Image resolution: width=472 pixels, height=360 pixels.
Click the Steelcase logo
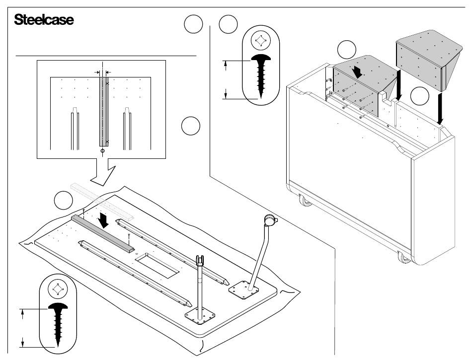tap(44, 20)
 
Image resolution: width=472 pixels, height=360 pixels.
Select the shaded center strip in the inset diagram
tap(103, 111)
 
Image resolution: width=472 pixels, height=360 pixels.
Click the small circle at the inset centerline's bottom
tap(102, 150)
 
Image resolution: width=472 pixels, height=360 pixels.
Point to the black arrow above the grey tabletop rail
tap(104, 220)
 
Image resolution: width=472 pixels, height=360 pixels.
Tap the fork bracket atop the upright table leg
tap(200, 260)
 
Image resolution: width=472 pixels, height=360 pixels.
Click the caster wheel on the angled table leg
tap(269, 218)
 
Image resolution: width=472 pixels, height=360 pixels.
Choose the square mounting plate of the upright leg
tap(201, 315)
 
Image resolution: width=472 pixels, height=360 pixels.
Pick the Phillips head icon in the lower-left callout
tap(57, 289)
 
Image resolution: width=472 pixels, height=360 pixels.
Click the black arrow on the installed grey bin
tap(357, 72)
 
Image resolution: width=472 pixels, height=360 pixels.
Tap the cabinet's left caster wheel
tap(305, 202)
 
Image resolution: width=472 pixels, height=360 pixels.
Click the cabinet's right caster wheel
tap(404, 257)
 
